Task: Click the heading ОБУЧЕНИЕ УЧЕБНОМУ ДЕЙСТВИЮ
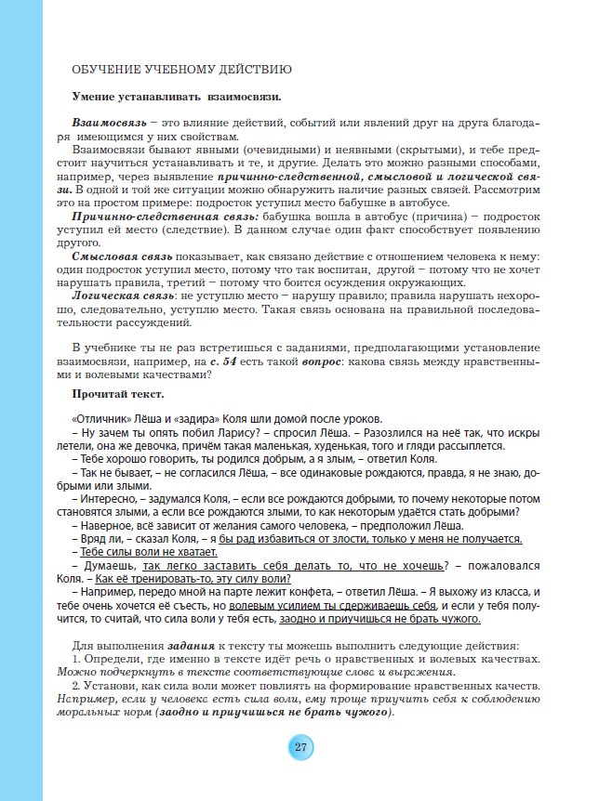click(182, 70)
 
